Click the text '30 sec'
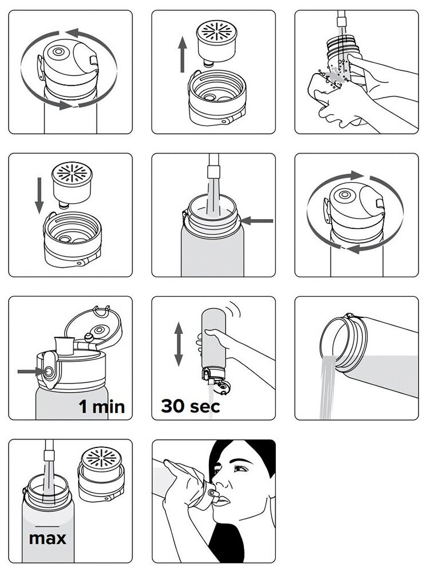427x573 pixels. click(190, 406)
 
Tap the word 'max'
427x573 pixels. click(47, 538)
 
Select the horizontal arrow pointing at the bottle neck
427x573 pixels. click(256, 220)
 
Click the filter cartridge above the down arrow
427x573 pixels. click(68, 179)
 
